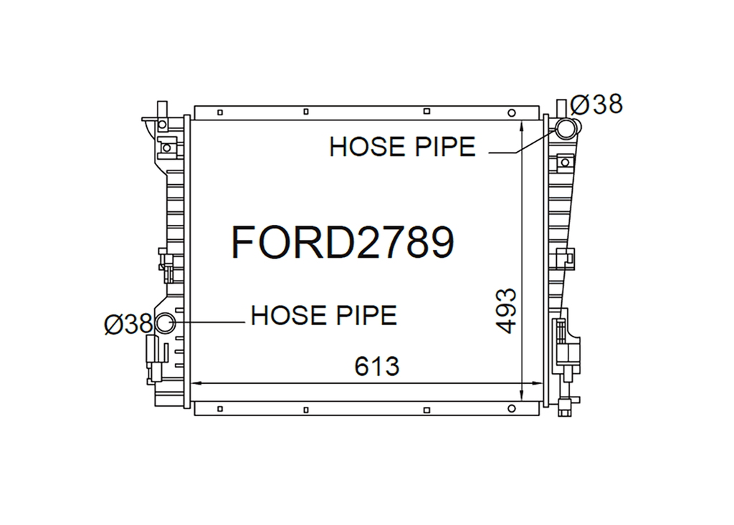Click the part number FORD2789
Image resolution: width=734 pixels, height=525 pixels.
tap(343, 242)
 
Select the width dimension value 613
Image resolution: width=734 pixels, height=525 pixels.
tap(377, 367)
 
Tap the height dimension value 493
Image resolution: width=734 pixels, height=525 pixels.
tap(507, 311)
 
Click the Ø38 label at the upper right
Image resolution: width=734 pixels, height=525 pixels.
tap(597, 104)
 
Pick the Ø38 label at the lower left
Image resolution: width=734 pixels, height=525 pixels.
tap(129, 324)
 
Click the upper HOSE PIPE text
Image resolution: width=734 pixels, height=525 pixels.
tap(403, 147)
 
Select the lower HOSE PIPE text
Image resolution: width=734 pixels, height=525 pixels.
tap(324, 315)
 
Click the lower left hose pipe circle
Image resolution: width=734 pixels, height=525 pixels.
tap(165, 323)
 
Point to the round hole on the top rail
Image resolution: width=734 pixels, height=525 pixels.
tap(512, 112)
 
